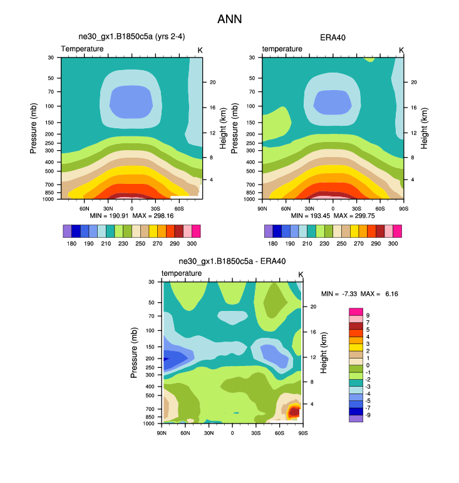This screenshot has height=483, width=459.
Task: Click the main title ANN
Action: point(229,19)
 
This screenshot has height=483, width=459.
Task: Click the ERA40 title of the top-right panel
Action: point(333,38)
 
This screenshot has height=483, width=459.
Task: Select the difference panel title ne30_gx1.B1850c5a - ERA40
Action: point(232,262)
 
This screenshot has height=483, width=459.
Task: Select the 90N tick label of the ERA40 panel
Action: point(262,208)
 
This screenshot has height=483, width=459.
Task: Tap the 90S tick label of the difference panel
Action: point(302,432)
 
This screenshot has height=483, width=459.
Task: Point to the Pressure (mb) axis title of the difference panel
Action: point(135,353)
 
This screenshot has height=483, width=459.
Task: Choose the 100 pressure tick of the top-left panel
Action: point(49,106)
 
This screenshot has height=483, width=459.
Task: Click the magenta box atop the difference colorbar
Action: point(356,312)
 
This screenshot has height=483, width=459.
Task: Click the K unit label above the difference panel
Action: point(301,275)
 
